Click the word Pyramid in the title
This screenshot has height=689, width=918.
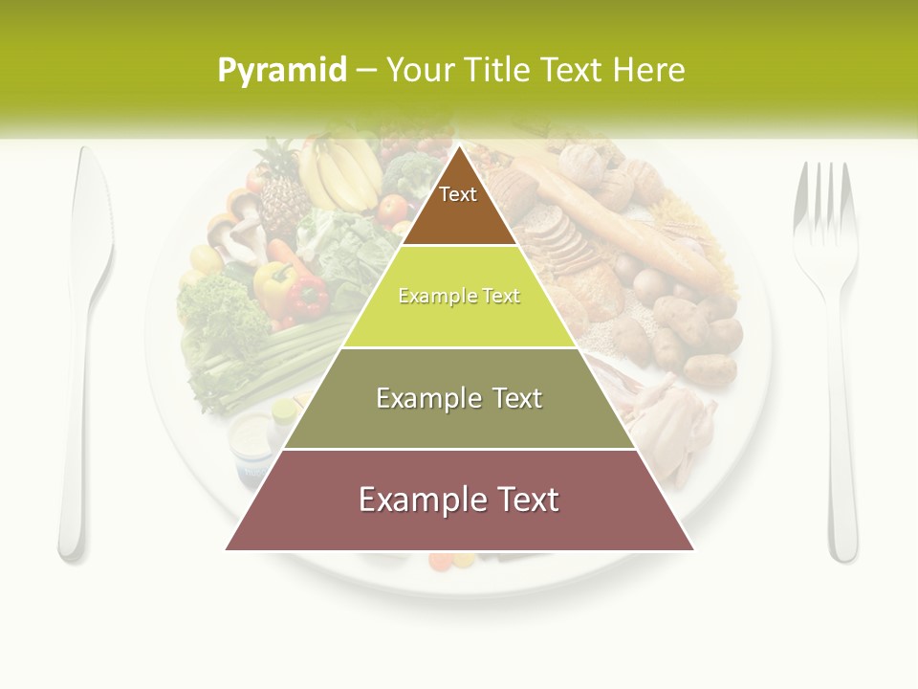[x=282, y=70]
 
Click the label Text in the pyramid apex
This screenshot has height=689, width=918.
[x=458, y=194]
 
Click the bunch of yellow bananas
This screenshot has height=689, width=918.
[x=339, y=172]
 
